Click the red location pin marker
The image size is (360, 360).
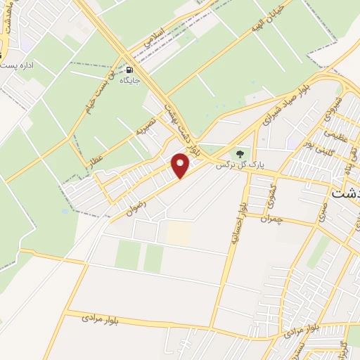(x=181, y=165)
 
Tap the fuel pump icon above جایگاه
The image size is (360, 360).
(x=130, y=70)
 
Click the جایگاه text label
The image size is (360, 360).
(x=131, y=82)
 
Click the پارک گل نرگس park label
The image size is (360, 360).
(x=242, y=166)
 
